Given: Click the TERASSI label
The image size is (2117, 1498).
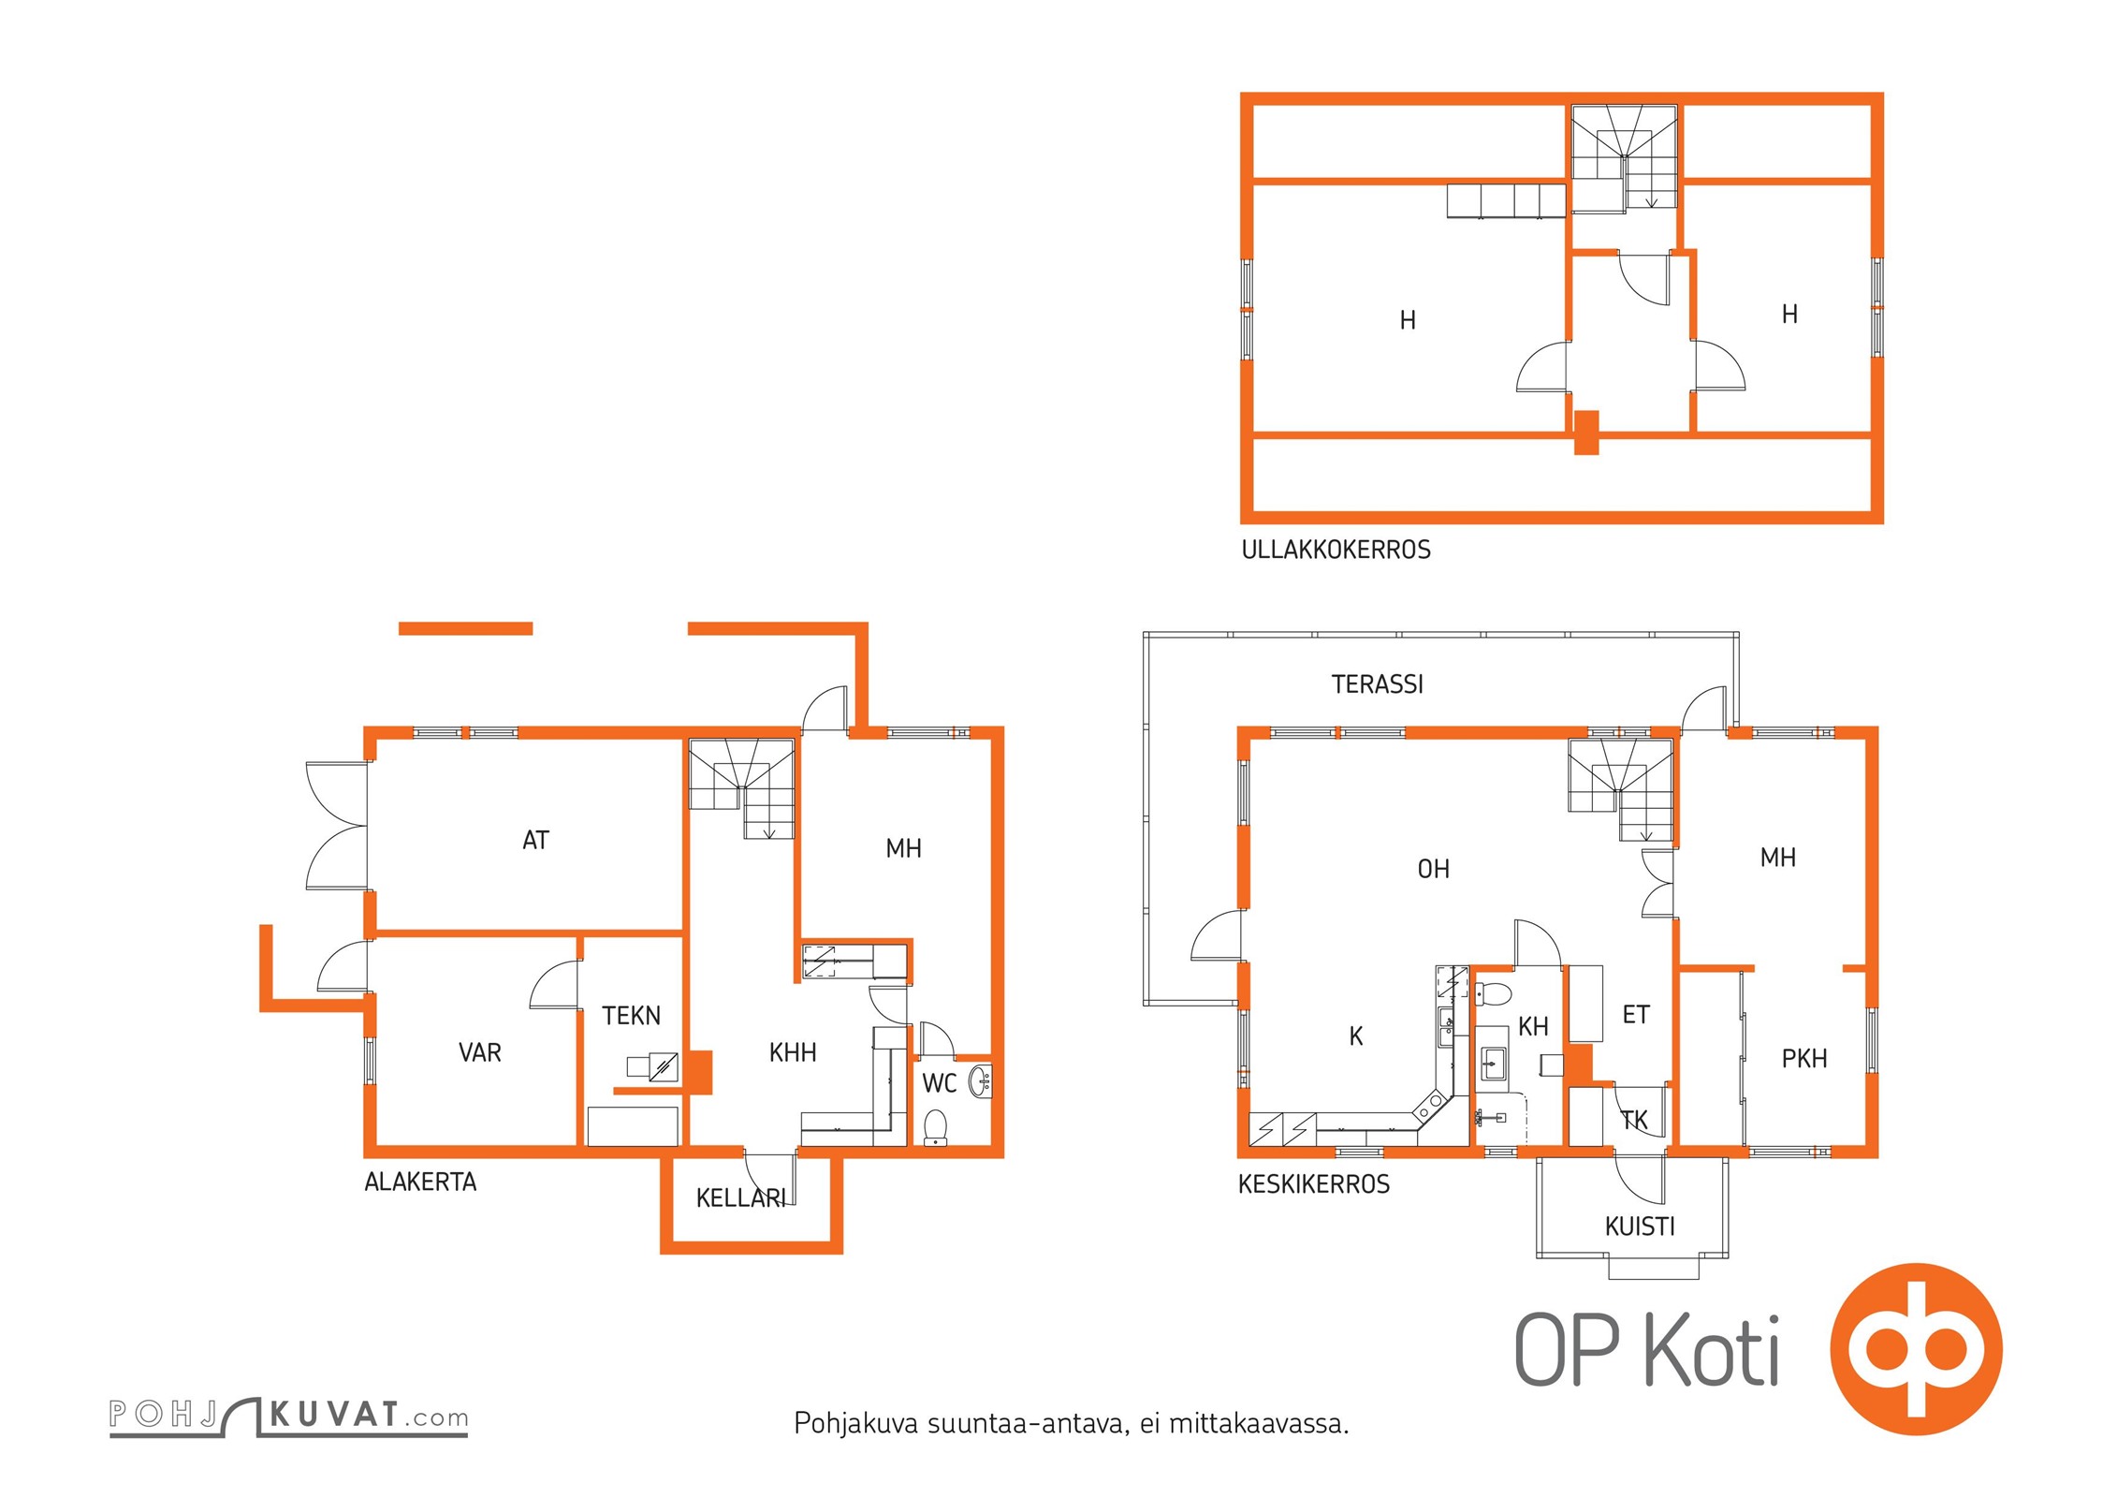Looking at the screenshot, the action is pyautogui.click(x=1377, y=684).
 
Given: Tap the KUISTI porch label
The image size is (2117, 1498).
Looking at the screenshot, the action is pyautogui.click(x=1639, y=1226).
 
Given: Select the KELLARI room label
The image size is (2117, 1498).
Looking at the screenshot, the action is pyautogui.click(x=740, y=1198).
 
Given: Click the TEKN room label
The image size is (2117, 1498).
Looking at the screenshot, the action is pyautogui.click(x=631, y=1016).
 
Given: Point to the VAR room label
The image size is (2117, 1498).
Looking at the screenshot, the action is pyautogui.click(x=479, y=1052).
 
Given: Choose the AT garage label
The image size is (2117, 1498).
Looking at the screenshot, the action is pyautogui.click(x=535, y=841).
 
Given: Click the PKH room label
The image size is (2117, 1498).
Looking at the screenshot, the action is pyautogui.click(x=1804, y=1059).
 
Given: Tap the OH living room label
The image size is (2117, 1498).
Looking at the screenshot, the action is pyautogui.click(x=1433, y=870).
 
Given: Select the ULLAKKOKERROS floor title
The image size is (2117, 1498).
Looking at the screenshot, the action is pyautogui.click(x=1336, y=550).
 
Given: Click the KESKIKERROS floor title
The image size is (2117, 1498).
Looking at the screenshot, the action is pyautogui.click(x=1313, y=1184).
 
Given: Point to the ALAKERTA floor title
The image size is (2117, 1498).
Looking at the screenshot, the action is pyautogui.click(x=420, y=1182).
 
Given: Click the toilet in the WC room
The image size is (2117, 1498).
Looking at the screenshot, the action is pyautogui.click(x=935, y=1128).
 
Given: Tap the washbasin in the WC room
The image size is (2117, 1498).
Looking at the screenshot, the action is pyautogui.click(x=980, y=1081).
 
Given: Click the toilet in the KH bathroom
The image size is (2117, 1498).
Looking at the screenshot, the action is pyautogui.click(x=1494, y=993).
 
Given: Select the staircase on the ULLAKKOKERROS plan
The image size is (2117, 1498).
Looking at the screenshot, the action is pyautogui.click(x=1624, y=157).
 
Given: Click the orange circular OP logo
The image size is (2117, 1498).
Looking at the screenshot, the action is pyautogui.click(x=1916, y=1349).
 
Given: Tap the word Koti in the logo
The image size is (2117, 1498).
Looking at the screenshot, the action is pyautogui.click(x=1712, y=1348).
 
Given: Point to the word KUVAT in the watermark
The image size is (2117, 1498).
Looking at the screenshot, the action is pyautogui.click(x=334, y=1414).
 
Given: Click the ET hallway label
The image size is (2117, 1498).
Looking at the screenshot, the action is pyautogui.click(x=1636, y=1015).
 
